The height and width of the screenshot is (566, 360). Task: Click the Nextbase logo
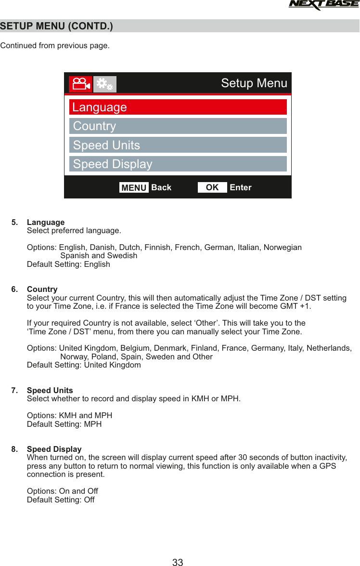pos(323,5)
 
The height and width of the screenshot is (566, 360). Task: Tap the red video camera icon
pos(80,84)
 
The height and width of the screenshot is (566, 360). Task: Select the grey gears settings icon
pos(105,84)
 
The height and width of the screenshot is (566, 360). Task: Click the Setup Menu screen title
pos(254,83)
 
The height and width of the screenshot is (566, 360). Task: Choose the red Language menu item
pos(178,107)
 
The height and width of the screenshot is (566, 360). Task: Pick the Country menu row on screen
pos(178,126)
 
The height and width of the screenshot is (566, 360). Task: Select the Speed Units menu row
pos(178,145)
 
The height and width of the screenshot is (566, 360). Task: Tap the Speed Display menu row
pos(178,164)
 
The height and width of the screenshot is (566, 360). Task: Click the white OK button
pos(212,187)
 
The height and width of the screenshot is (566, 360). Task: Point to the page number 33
pos(178,562)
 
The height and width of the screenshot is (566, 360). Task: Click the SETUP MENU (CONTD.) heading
pos(57,26)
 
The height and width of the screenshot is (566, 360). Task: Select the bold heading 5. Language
pos(46,222)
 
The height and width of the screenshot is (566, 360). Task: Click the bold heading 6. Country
pos(42,290)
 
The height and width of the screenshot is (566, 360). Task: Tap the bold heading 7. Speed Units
pos(50,390)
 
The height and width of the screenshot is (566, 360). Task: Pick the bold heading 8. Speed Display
pos(54,449)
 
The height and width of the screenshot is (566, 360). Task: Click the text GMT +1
pos(296,306)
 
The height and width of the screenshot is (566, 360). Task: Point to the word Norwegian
pos(283,248)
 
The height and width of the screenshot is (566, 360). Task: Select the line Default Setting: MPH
pos(64,424)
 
